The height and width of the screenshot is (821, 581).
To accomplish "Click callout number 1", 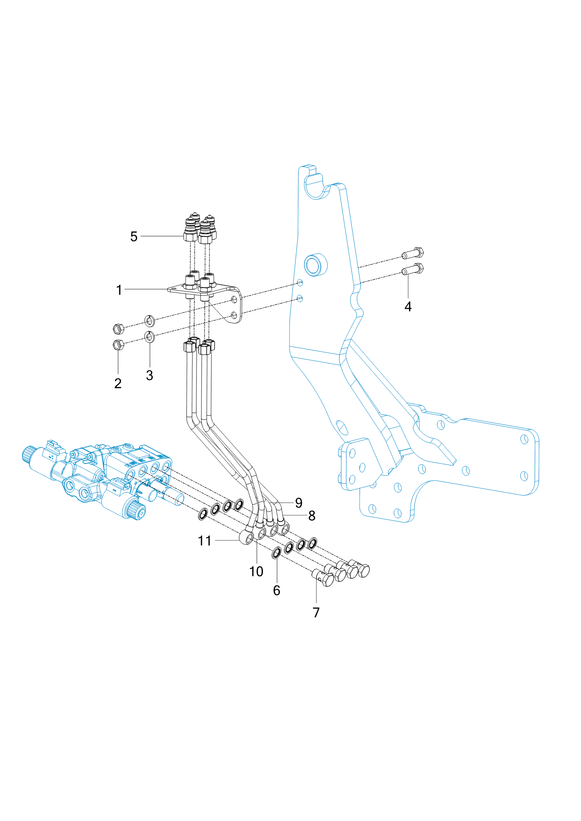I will [119, 290].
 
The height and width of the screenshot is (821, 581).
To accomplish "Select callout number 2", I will [118, 383].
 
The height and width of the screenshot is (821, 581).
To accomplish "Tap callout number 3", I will [150, 375].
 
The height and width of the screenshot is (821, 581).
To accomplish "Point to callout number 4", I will [408, 307].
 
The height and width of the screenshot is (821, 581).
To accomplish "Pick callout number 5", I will [134, 237].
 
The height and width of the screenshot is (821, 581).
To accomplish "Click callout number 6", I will [277, 590].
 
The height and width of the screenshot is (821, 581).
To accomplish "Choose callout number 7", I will [316, 612].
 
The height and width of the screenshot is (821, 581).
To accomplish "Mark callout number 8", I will [312, 516].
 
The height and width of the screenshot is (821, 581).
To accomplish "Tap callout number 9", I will [299, 503].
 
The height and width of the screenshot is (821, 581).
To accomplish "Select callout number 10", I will [256, 571].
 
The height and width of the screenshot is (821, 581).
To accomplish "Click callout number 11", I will [205, 541].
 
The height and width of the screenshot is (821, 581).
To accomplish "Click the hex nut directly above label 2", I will [118, 345].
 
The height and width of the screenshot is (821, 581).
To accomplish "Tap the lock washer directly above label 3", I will [150, 337].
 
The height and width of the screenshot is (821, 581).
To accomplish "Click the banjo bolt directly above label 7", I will [323, 578].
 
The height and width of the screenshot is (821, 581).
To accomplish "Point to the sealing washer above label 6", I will [277, 553].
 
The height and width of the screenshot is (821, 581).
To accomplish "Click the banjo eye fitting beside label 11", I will [247, 537].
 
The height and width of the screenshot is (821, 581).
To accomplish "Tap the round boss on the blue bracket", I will [316, 265].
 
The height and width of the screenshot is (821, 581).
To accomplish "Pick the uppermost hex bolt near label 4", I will [413, 253].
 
